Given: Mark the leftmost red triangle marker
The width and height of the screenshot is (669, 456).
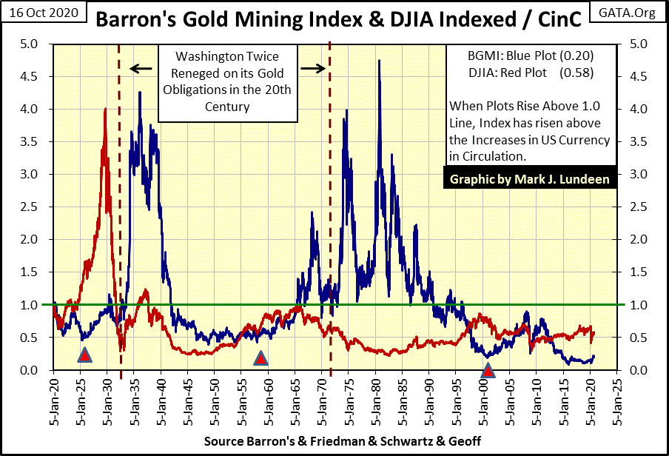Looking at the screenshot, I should [84, 356].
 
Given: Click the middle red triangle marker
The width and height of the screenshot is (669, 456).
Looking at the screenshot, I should [260, 359].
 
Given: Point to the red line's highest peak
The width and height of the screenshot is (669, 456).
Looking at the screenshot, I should [105, 110].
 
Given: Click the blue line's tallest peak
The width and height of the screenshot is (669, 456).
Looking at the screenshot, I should [379, 61].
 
